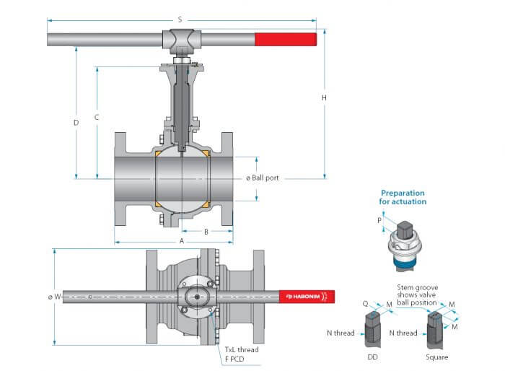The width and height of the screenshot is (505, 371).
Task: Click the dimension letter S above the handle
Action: [180, 20]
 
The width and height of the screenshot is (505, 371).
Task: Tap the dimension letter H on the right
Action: [324, 97]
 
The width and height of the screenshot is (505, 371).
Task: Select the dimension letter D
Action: [76, 123]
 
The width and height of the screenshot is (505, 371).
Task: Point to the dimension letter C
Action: [97, 118]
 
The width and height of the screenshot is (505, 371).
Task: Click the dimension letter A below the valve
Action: [182, 241]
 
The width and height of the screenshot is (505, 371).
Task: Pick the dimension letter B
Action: [206, 232]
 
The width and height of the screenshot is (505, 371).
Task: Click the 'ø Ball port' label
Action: [262, 178]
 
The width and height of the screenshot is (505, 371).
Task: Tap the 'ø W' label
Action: [54, 297]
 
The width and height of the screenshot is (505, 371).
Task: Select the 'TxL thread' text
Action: [242, 350]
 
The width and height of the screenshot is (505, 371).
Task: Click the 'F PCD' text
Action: [234, 359]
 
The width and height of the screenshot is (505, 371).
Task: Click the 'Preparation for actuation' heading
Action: [403, 197]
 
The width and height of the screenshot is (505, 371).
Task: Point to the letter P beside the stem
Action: [379, 220]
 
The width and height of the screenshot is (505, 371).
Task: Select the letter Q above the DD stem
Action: [365, 304]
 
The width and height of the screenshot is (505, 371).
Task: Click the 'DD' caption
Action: [373, 357]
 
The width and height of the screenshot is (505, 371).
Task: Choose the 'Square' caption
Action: [436, 357]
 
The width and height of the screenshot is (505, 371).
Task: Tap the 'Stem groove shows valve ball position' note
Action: [418, 295]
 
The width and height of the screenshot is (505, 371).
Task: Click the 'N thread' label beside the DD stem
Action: [341, 333]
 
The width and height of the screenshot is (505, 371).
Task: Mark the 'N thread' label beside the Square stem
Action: [403, 333]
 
